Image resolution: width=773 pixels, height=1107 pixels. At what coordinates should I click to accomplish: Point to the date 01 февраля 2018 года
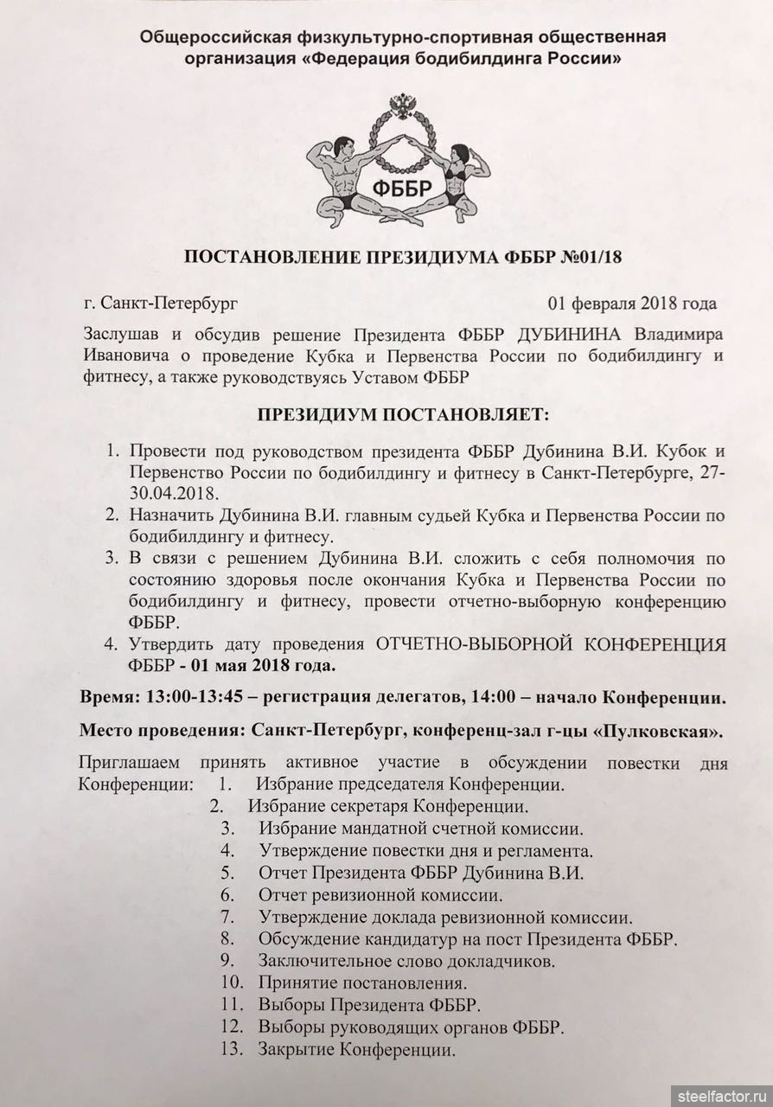632,304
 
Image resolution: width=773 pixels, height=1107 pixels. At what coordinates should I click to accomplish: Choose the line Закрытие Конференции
356,1051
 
